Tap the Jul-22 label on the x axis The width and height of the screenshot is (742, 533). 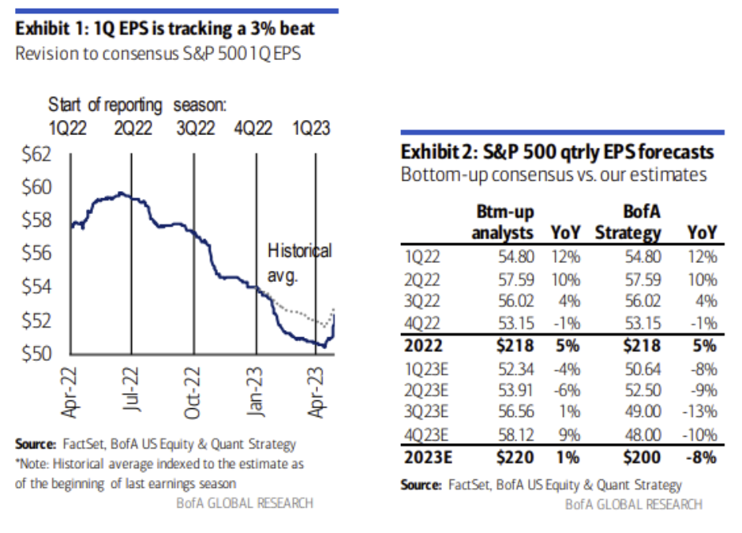click(x=133, y=389)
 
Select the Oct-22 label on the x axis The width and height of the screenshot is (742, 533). click(x=194, y=389)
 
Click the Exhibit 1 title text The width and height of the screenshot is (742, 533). click(x=165, y=29)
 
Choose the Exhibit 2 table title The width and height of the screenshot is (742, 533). click(x=557, y=151)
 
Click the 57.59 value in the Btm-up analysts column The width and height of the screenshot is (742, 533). click(x=518, y=280)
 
